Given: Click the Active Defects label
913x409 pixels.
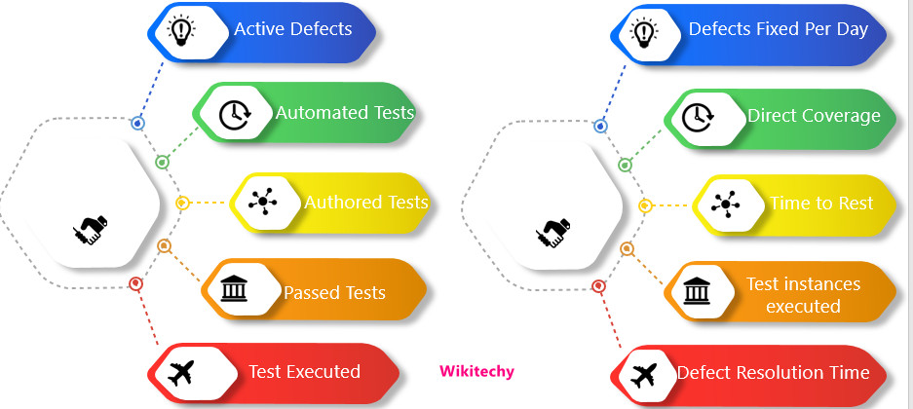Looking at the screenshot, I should (x=292, y=29).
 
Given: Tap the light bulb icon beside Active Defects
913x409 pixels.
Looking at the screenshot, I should (x=180, y=31).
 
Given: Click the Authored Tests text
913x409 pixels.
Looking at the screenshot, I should (x=366, y=203).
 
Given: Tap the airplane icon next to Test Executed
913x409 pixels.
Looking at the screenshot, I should (x=181, y=372).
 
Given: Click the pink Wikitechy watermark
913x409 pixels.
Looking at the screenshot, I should (x=476, y=371).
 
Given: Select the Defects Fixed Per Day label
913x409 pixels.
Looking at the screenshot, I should (x=778, y=29).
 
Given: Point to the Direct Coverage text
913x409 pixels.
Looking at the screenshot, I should (x=814, y=116).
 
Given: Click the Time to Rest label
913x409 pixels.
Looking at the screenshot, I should (x=820, y=204).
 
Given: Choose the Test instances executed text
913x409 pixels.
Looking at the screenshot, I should (x=803, y=295).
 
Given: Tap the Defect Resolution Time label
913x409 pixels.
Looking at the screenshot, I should (x=773, y=373).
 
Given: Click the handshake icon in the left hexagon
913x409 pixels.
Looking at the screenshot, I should (x=90, y=231).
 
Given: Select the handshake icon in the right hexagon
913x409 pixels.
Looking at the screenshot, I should (x=552, y=233).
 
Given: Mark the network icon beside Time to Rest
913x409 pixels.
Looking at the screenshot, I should (x=724, y=204).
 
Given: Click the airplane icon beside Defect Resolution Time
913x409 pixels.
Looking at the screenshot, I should (x=643, y=373).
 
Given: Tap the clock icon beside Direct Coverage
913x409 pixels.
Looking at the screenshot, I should (x=696, y=117).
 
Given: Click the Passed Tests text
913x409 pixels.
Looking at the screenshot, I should (x=334, y=292).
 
